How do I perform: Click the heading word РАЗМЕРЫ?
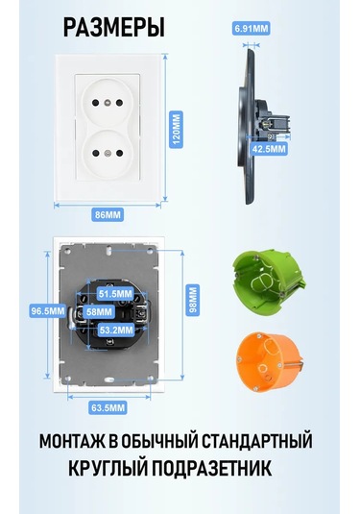point(113,28)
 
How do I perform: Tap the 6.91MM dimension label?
point(252,29)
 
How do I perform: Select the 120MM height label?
point(177,129)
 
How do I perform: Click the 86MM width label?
point(108,214)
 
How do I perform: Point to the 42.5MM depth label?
point(269,149)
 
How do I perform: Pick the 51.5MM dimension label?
point(115,294)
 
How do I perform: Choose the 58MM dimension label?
point(99,311)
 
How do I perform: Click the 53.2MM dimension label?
point(116,330)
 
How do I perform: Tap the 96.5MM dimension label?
point(48,310)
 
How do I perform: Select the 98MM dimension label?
point(193,301)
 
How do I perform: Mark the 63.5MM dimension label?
point(108,408)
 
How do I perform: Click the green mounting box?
point(268,282)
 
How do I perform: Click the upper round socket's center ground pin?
point(108,103)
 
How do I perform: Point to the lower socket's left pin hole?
point(96,153)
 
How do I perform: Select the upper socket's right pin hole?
point(120,103)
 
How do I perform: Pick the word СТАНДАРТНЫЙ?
point(256,441)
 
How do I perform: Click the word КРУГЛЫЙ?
point(108,468)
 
